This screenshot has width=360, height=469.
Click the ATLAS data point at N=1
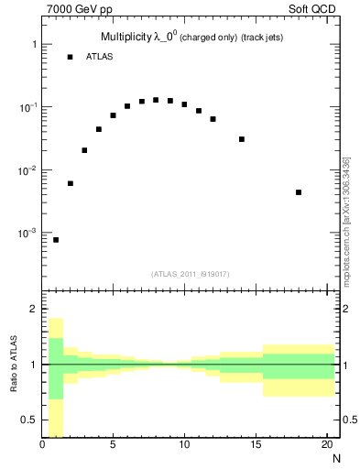tap(56, 240)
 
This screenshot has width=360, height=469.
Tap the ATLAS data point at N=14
tap(242, 139)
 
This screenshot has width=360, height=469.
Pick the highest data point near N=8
tap(156, 100)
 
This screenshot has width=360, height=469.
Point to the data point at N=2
tap(71, 183)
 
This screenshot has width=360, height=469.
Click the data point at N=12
tap(213, 119)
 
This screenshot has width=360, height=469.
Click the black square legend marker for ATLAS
tap(70, 57)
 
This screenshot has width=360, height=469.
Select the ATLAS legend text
tap(98, 57)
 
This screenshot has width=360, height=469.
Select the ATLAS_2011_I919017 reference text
tap(191, 274)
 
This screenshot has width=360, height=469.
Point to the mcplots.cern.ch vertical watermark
tap(346, 220)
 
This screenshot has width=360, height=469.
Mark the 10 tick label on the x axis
tap(184, 445)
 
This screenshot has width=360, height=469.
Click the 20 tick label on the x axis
tap(326, 445)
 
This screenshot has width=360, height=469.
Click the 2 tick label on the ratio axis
tap(34, 310)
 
